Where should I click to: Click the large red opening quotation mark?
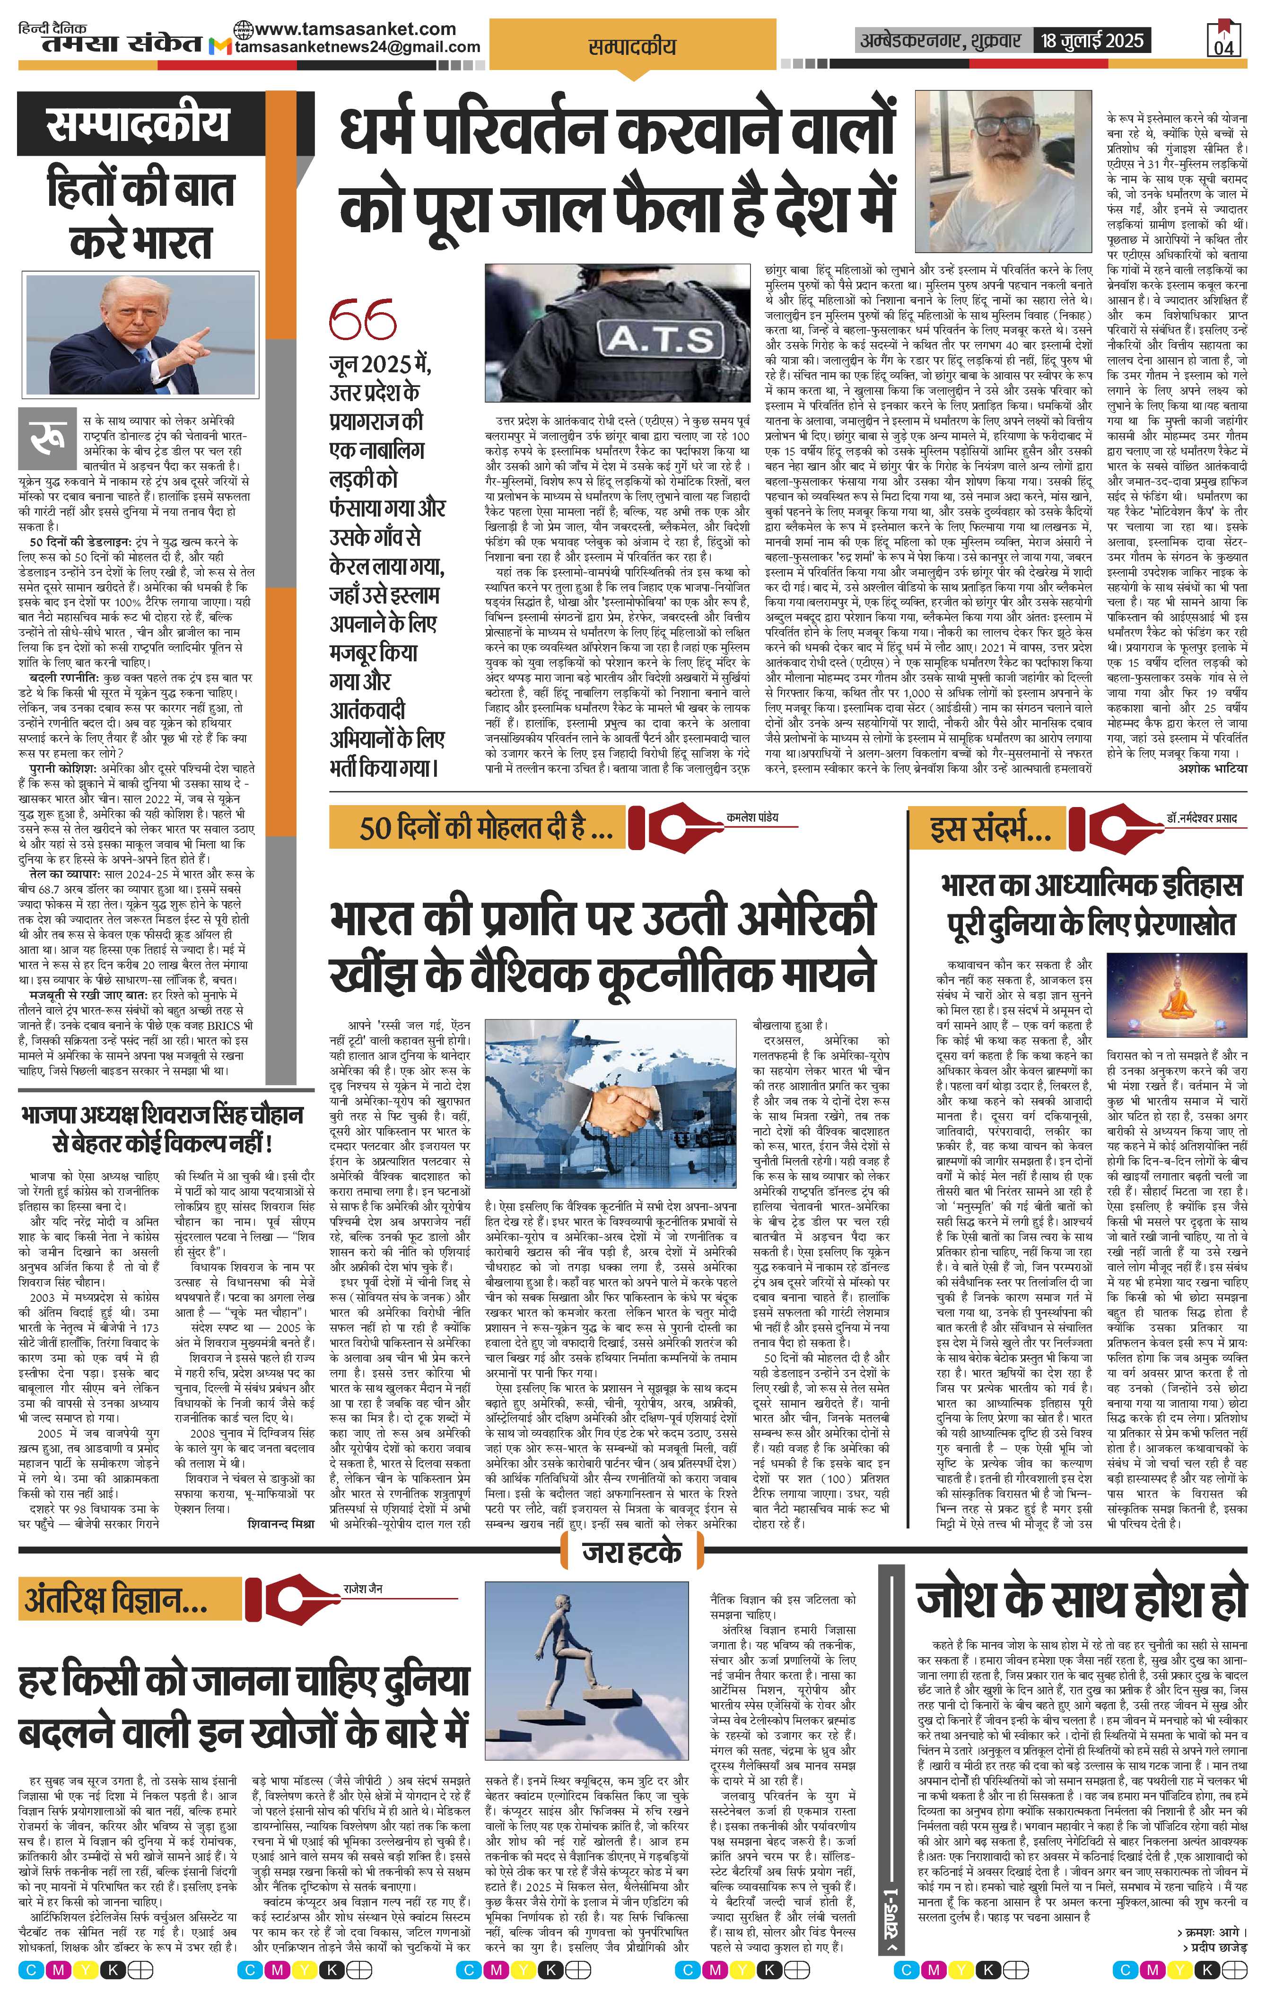coord(362,318)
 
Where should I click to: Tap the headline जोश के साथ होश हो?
coord(1081,1600)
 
